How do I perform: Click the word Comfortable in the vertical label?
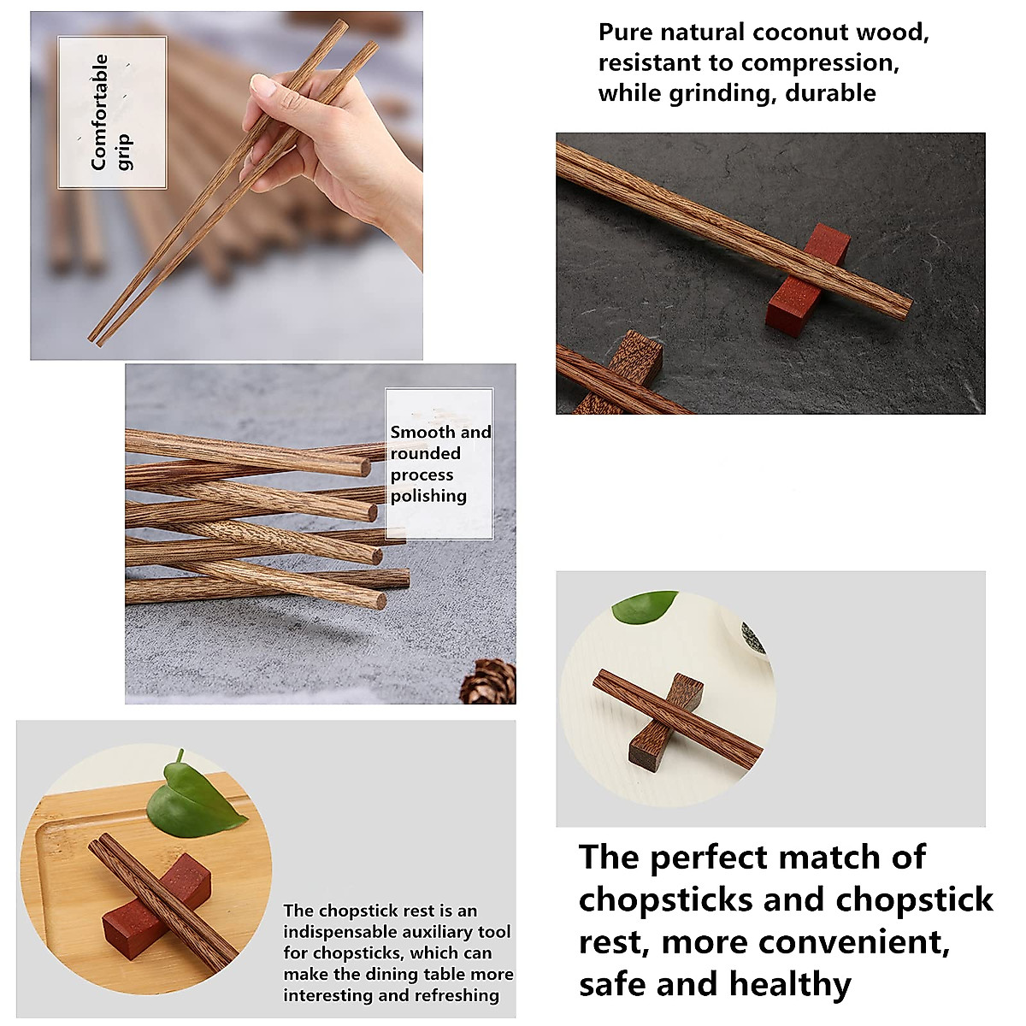click(x=100, y=112)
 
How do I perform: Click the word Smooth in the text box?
click(x=423, y=433)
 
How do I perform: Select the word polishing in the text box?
click(x=428, y=496)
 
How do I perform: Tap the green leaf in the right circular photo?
click(x=646, y=605)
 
